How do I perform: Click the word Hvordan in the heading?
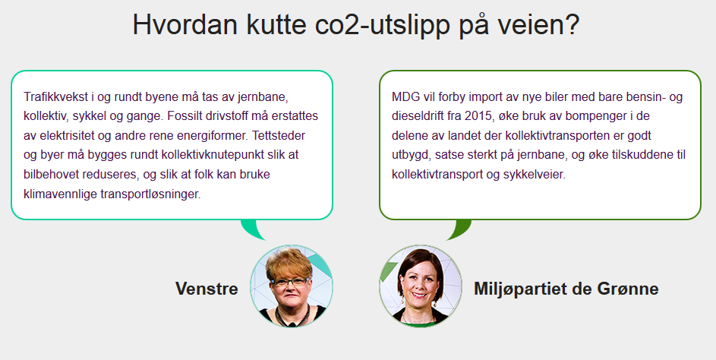tap(185, 24)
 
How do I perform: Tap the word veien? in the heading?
tap(538, 24)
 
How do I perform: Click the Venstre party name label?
tap(207, 289)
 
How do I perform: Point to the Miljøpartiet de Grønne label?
tap(566, 289)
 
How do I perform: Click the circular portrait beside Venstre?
tap(292, 286)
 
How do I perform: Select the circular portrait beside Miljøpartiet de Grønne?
tap(421, 286)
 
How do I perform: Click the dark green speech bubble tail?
tap(459, 229)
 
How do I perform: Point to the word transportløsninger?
tap(150, 194)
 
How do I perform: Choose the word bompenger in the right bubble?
tap(595, 117)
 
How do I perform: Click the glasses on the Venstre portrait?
tap(289, 282)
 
